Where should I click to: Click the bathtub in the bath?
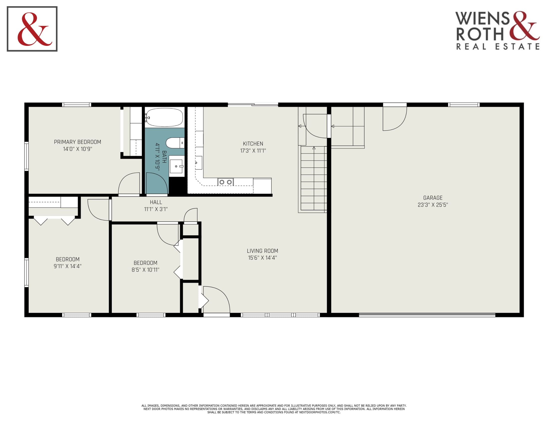coord(165,117)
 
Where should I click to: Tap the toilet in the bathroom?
coord(175,143)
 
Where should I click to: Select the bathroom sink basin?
coord(176,166)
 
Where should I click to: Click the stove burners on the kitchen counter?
coord(226,182)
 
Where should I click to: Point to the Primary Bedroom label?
coord(77,142)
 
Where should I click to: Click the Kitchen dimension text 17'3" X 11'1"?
coord(253,151)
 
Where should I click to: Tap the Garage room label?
coord(433,198)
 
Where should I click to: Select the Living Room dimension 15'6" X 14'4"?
coord(262,258)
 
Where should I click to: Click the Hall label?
coord(156,202)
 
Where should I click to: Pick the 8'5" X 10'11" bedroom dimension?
coord(145,270)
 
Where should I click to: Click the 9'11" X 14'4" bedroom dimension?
coord(67,266)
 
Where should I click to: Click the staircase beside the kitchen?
coord(314,178)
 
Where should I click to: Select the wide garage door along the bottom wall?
coord(427,315)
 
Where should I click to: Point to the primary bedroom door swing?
coord(129,183)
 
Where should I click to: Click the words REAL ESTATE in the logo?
coord(498,46)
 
